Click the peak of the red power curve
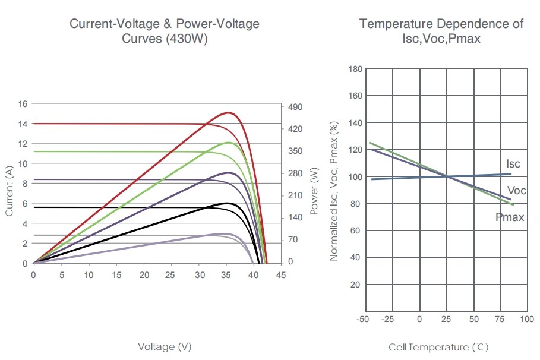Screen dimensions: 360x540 coord(228,112)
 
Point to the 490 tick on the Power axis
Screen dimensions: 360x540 coord(295,106)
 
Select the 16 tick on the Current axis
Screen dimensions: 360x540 coord(23,104)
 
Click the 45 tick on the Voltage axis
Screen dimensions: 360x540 coord(281,275)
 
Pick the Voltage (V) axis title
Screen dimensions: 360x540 coord(165,346)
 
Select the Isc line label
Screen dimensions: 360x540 coord(513,163)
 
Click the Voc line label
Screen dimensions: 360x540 coord(517,190)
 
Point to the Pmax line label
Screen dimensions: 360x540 coord(510,217)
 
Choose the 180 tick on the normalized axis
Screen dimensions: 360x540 coord(355,69)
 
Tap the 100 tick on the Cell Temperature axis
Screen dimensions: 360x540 coord(526,319)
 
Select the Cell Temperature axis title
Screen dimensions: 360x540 coord(438,347)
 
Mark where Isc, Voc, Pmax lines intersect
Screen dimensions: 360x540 coord(447,176)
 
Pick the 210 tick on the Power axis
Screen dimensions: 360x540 coord(295,195)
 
